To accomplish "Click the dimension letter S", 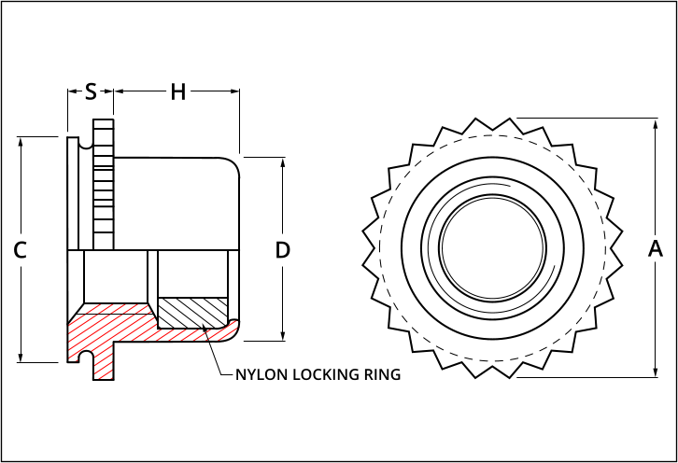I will pyautogui.click(x=91, y=91).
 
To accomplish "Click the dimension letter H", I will pyautogui.click(x=177, y=91).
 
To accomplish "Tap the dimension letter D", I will pyautogui.click(x=283, y=250).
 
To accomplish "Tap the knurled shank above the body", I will pyautogui.click(x=103, y=177).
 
